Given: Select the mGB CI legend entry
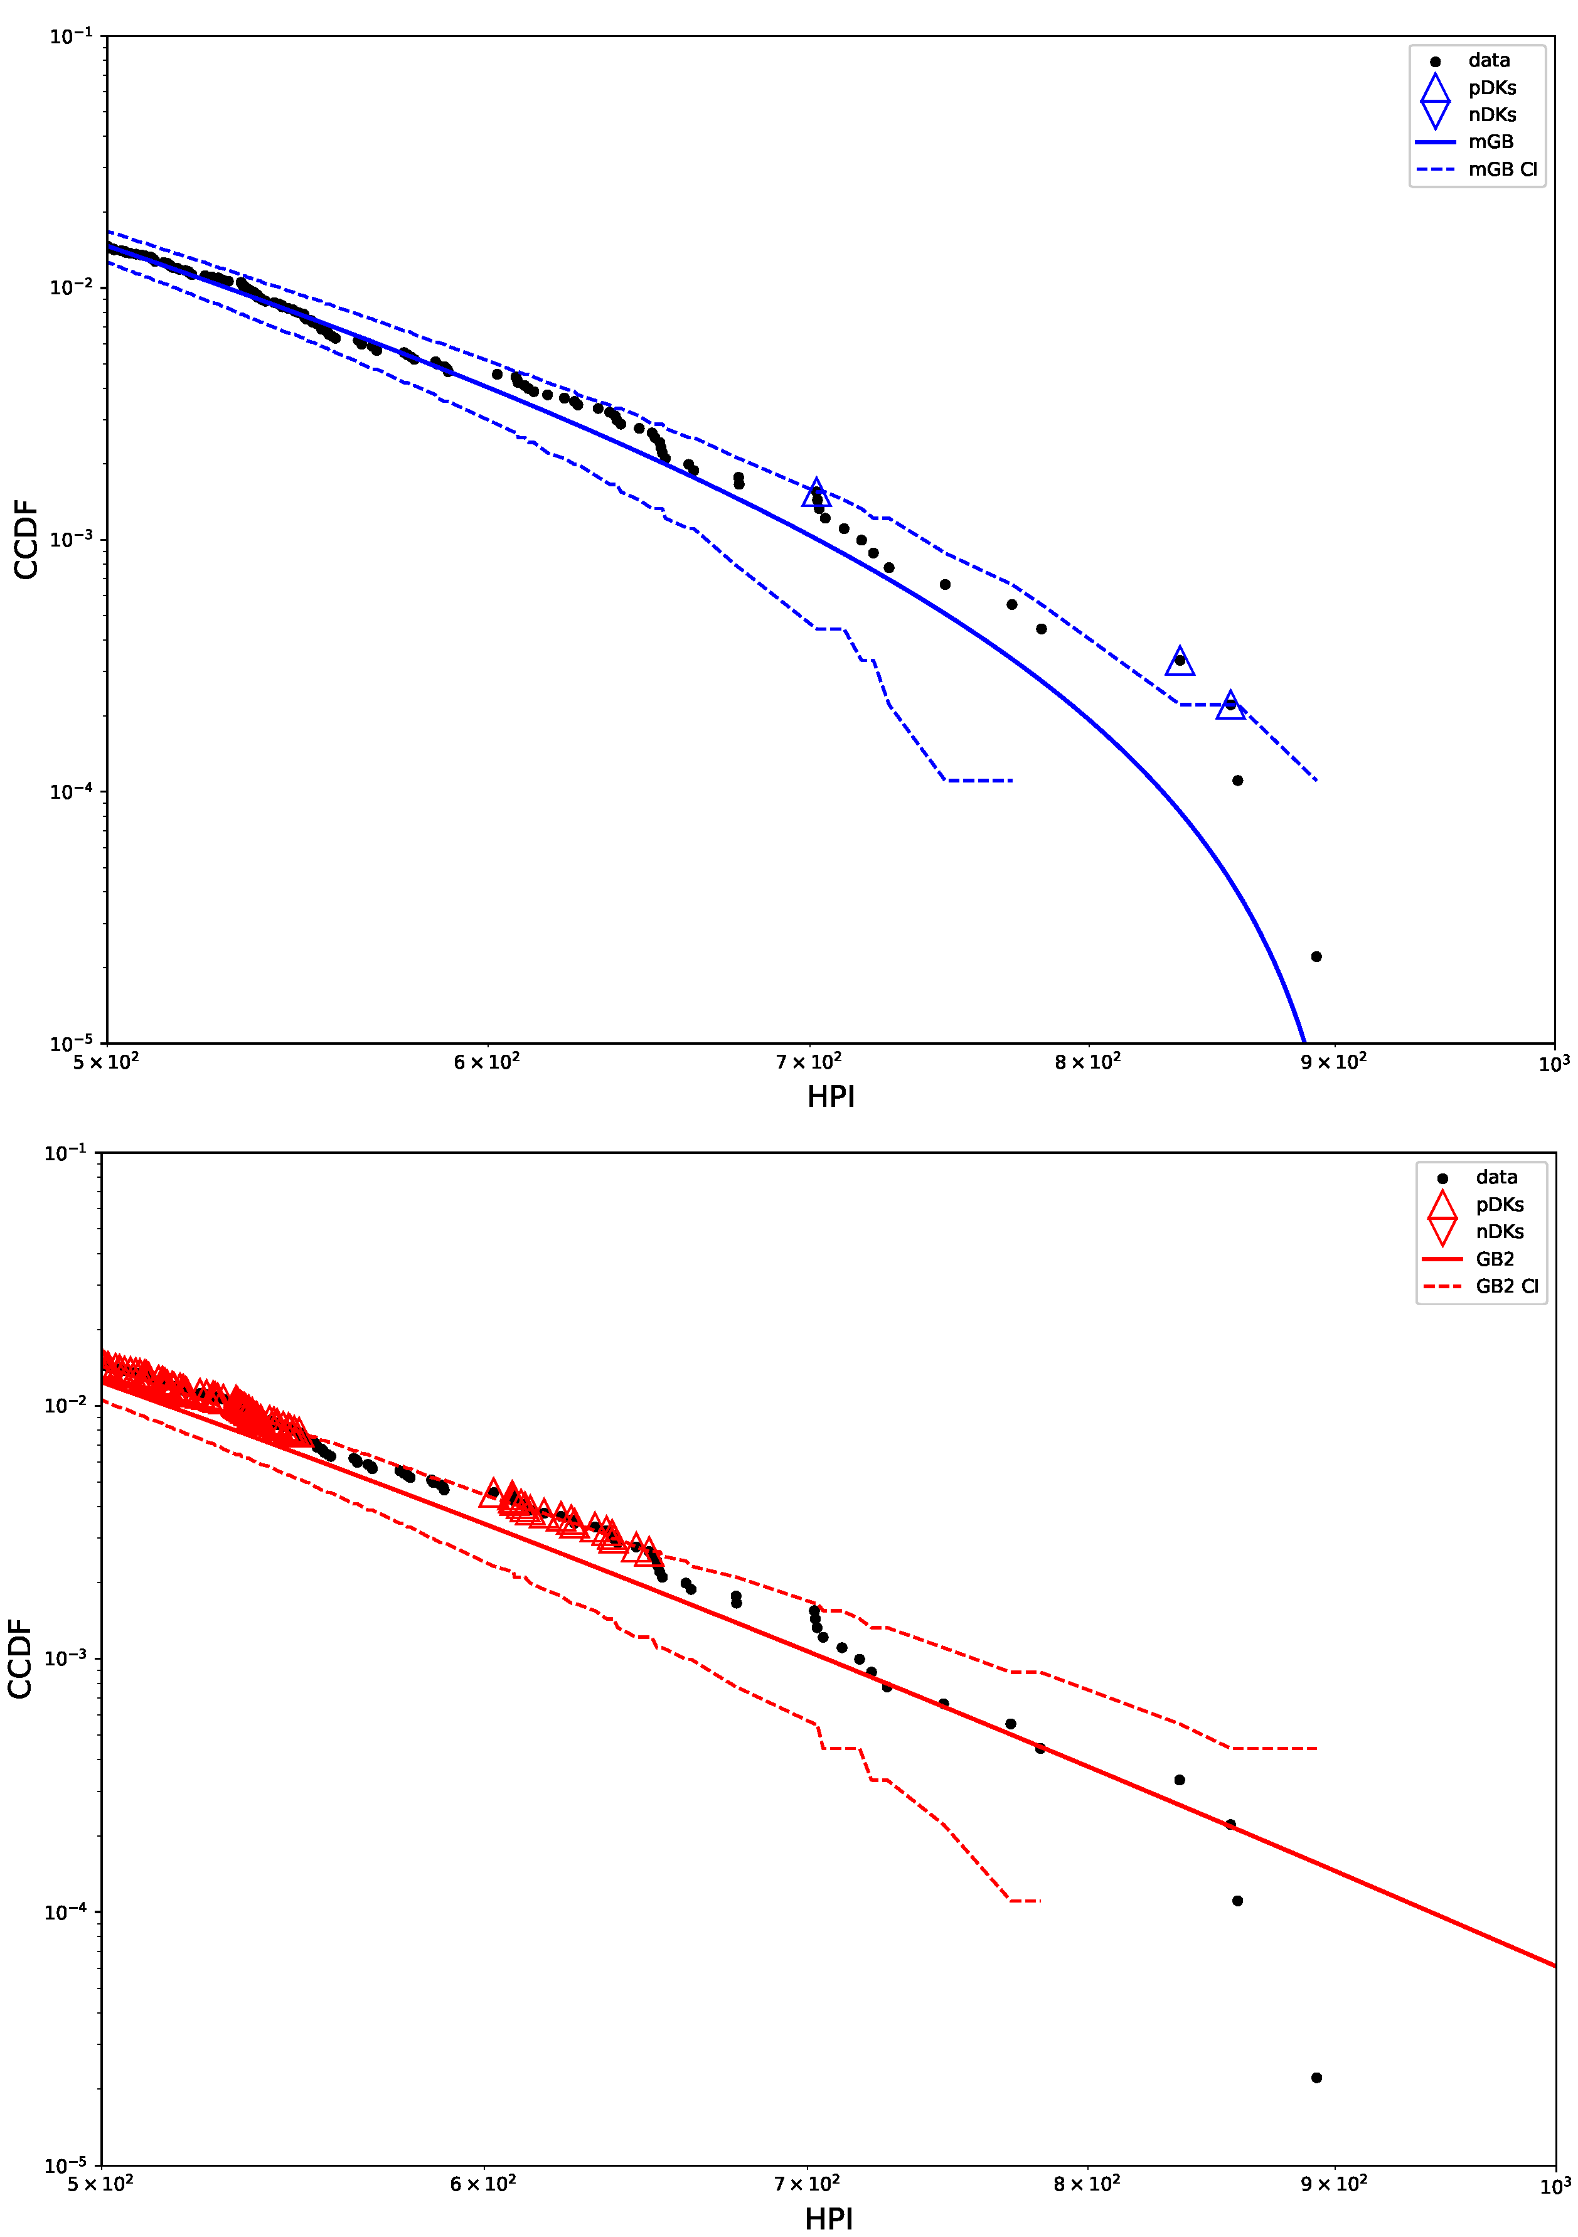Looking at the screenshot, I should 1502,169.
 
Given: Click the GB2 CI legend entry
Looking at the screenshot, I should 1506,1286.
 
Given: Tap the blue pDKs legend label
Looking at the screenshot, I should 1492,88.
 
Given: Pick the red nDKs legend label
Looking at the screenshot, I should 1499,1232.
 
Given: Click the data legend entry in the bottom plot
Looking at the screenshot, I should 1496,1177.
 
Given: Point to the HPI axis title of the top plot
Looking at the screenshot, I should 830,1097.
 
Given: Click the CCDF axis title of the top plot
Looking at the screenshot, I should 25,540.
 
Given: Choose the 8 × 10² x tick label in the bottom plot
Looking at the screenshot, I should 1087,2184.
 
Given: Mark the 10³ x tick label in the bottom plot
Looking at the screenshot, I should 1555,2186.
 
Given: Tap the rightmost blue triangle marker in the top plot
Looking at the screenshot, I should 1230,705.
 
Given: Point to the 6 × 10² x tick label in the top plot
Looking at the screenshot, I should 486,1062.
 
